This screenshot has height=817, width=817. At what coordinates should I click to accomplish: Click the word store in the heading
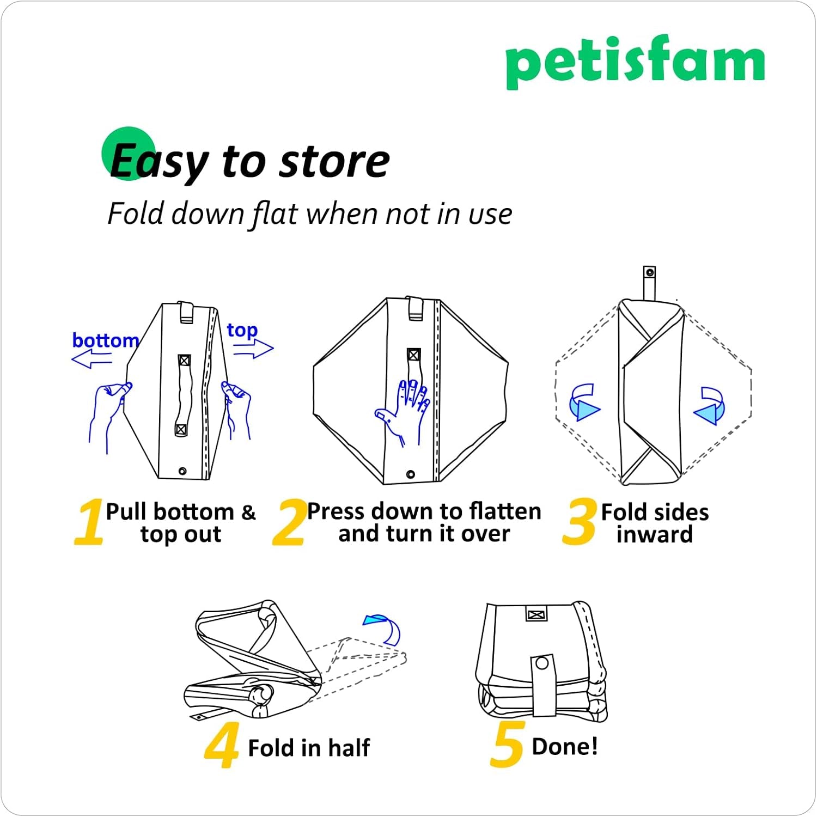334,162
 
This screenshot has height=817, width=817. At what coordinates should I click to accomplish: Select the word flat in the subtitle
275,214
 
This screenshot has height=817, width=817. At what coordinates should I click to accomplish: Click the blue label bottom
105,340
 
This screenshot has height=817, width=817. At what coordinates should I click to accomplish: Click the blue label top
242,330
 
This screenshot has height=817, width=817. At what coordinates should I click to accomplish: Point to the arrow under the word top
254,349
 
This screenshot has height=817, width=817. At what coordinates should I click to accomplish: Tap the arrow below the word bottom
92,359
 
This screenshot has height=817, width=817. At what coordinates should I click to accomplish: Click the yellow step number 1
89,522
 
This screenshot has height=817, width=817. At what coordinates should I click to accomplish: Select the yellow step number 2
289,522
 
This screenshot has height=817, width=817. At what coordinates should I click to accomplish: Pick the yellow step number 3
579,522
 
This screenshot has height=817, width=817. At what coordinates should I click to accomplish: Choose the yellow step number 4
222,745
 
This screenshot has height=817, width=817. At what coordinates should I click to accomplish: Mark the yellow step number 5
508,745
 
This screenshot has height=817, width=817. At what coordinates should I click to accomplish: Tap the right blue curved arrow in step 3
710,406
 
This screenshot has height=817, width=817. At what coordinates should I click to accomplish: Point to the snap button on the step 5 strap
541,663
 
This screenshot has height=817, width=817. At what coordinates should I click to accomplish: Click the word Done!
564,746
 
